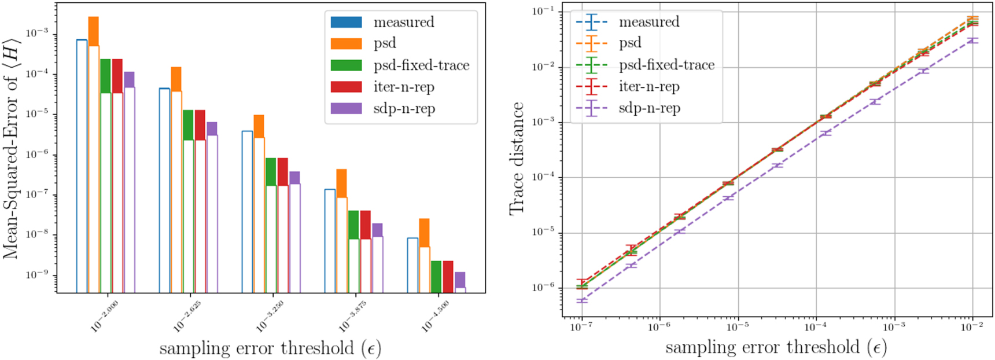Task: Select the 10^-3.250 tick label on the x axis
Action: click(270, 316)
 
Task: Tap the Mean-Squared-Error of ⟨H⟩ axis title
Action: click(12, 149)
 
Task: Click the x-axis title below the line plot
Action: click(775, 348)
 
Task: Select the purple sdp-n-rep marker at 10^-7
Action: click(581, 301)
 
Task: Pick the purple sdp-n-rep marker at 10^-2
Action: click(972, 41)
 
